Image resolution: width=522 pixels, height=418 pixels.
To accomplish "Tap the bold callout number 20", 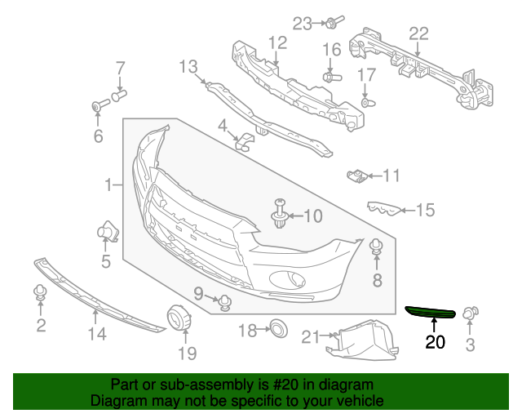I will (x=436, y=342).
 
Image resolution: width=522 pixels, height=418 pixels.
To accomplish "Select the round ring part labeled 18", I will (x=279, y=330).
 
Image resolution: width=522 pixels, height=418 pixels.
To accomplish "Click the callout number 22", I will (x=418, y=33).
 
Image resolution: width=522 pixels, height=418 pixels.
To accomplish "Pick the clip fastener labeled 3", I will (x=471, y=313).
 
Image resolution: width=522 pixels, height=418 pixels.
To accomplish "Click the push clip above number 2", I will (x=40, y=293).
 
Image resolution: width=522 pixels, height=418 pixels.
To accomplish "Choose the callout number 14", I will (x=97, y=333).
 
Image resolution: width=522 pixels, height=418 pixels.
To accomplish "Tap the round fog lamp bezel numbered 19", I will (x=177, y=318).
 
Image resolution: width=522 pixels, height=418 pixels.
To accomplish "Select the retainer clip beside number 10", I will (x=280, y=213).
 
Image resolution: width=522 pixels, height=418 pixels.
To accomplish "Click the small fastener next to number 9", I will (x=224, y=303).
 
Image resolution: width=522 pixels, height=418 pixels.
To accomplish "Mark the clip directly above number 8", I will (x=376, y=247).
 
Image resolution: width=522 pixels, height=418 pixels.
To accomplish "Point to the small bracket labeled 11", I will (x=356, y=175).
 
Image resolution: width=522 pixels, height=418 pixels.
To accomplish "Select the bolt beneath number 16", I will (x=331, y=77).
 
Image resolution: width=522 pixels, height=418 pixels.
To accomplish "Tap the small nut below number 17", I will (x=366, y=104).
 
